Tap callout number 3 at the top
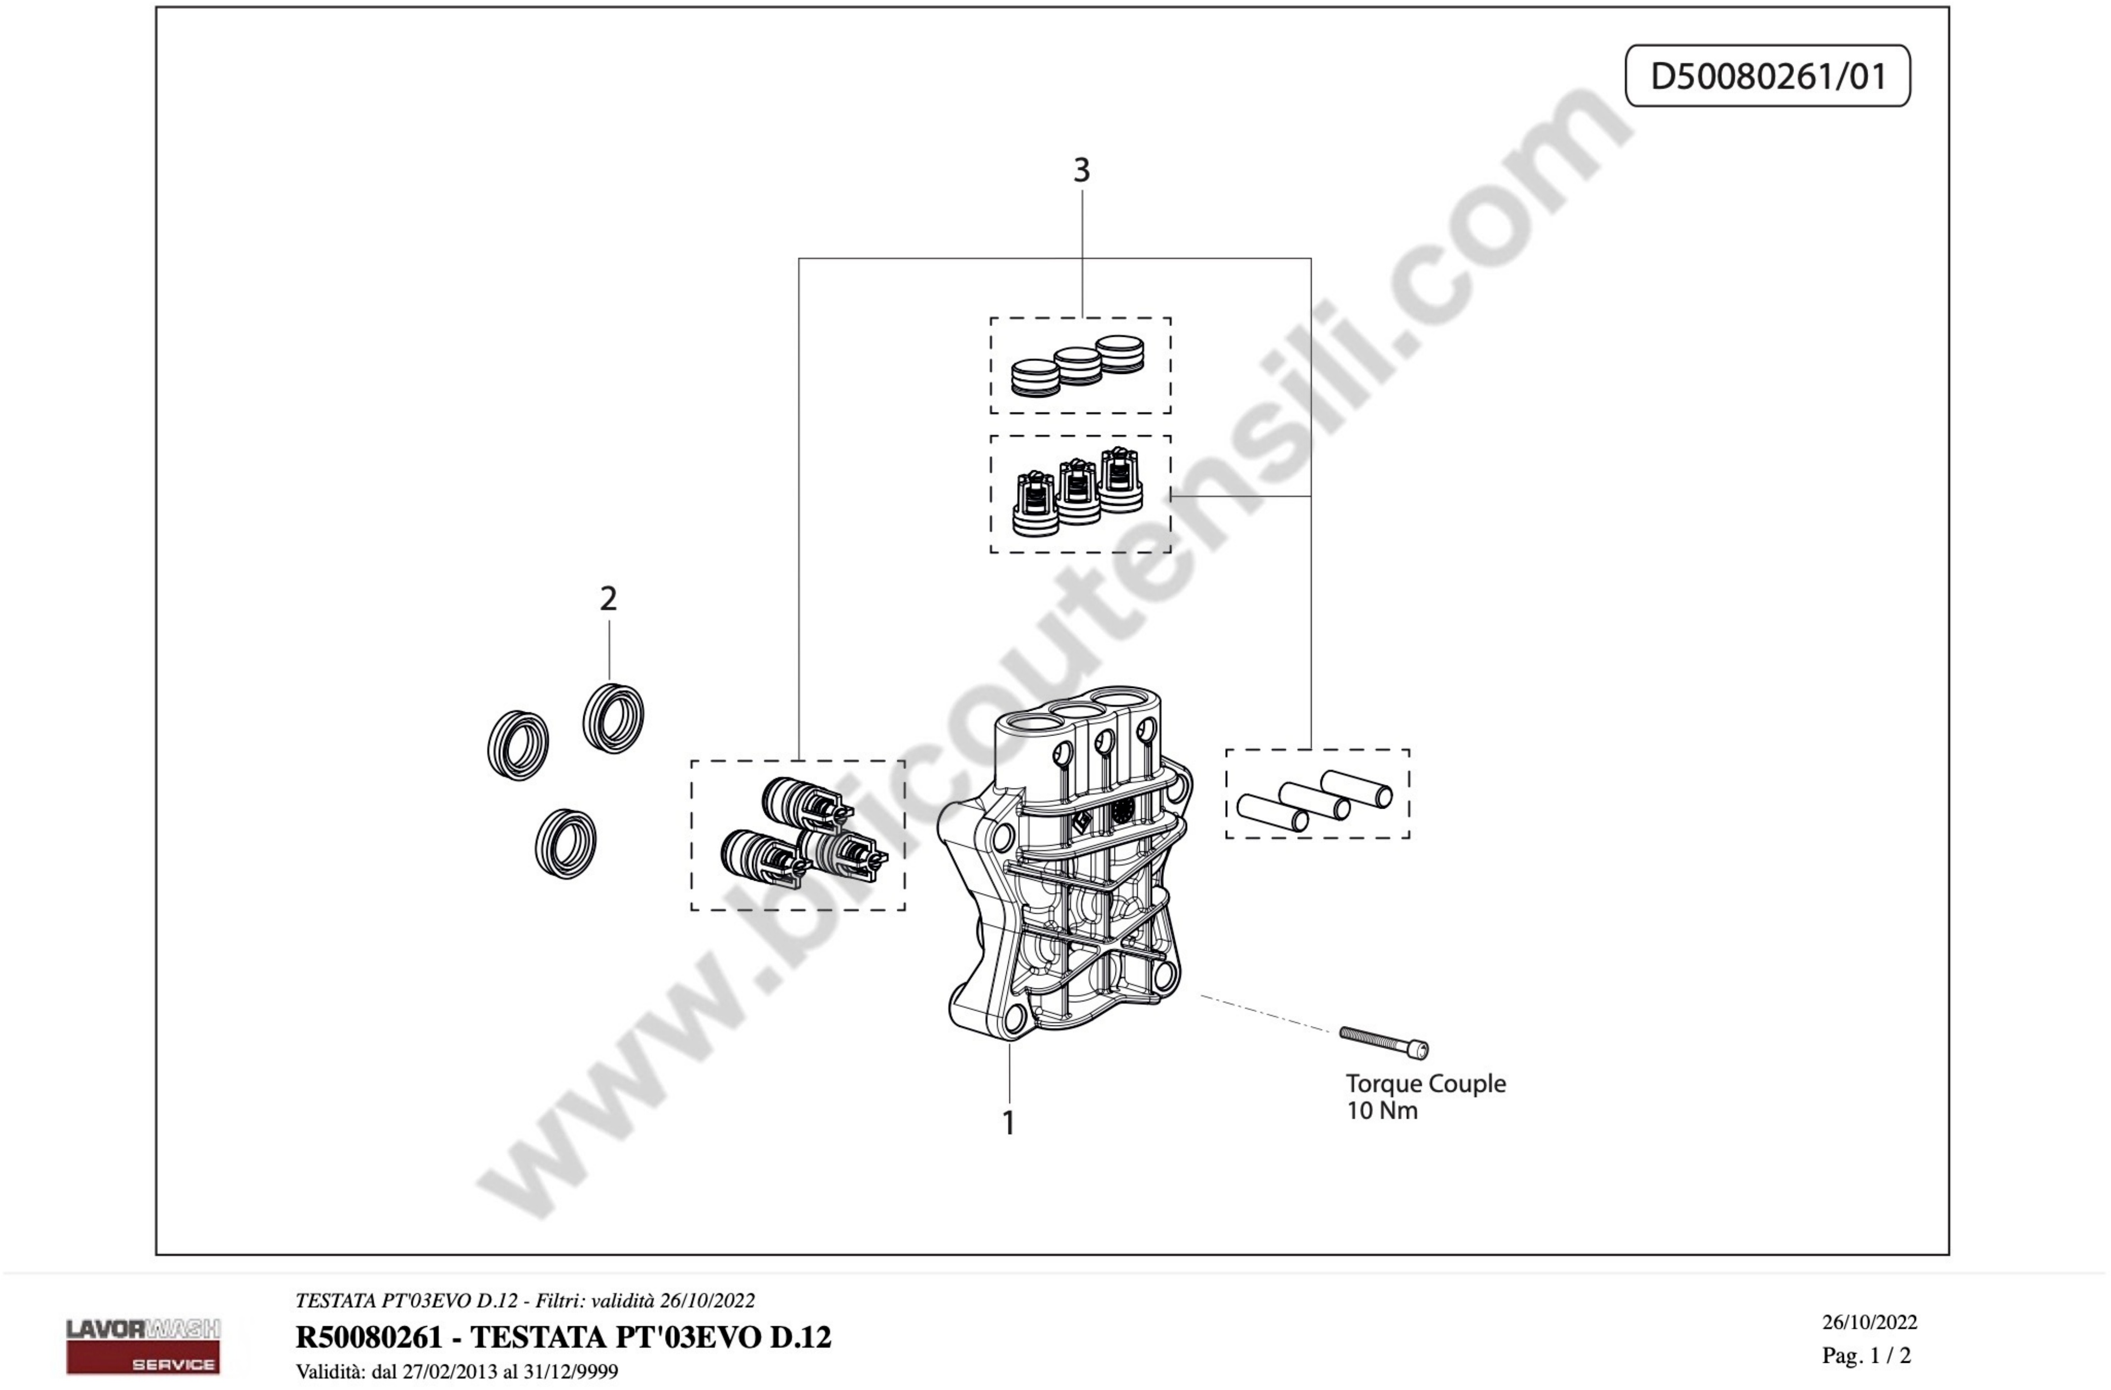coord(1081,170)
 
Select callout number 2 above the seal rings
coord(608,599)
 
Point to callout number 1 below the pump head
coord(1008,1123)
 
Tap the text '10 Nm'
coord(1382,1110)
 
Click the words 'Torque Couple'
coord(1426,1083)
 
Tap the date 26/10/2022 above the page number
coord(1870,1323)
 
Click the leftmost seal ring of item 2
coord(518,745)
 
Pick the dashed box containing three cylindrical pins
coord(1317,794)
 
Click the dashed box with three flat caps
coord(1080,366)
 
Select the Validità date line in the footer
coord(457,1371)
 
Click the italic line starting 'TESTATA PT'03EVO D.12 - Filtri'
coord(525,1301)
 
